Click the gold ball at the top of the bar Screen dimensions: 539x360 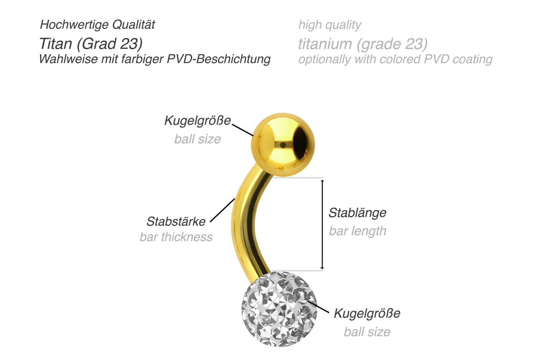pos(283,145)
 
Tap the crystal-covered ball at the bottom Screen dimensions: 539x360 pos(279,309)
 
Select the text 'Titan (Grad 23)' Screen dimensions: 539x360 pos(91,44)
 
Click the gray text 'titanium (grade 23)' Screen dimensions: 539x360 pos(363,44)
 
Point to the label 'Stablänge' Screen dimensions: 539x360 pos(358,213)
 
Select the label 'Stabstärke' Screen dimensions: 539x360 pos(176,222)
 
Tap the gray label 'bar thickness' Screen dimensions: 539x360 pos(176,237)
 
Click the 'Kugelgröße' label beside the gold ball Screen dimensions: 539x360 pos(198,120)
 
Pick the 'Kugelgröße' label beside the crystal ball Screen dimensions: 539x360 pos(367,314)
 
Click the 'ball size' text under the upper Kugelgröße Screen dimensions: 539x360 pos(198,139)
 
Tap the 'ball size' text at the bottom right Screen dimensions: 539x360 pos(367,332)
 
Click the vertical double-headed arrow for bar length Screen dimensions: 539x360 pos(322,224)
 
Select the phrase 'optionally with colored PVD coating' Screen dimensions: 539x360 pos(396,59)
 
